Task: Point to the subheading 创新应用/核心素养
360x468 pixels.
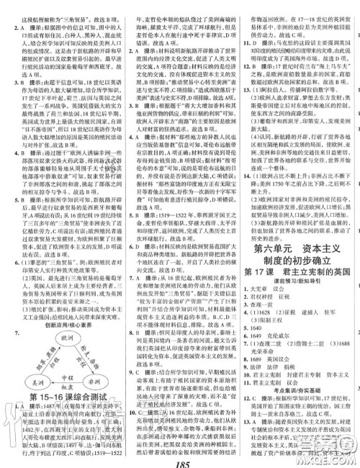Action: click(x=63, y=325)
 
